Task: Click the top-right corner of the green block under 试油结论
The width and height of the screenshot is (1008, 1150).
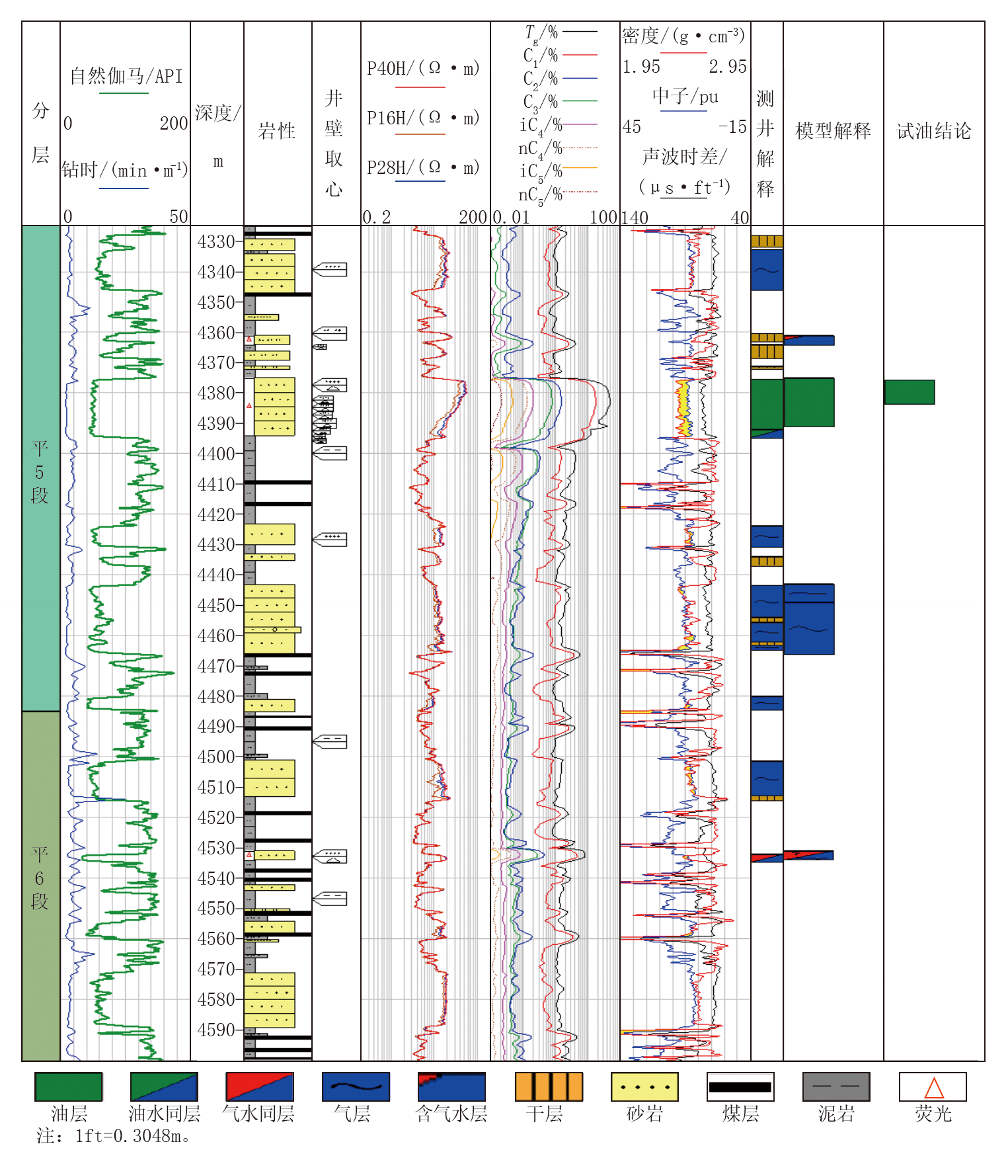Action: click(x=935, y=380)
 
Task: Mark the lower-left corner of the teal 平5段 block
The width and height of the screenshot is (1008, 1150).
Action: click(x=22, y=711)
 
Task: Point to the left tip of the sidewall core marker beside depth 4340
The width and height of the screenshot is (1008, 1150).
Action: click(x=313, y=269)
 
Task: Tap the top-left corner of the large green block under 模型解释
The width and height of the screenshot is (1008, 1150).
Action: click(x=785, y=378)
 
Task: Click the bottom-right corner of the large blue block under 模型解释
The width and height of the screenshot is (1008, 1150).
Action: click(x=834, y=654)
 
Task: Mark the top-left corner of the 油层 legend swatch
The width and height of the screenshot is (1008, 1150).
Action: click(x=35, y=1073)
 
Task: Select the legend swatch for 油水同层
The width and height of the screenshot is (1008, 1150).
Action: click(x=164, y=1087)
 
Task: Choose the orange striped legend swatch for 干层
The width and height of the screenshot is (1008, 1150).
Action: click(x=549, y=1087)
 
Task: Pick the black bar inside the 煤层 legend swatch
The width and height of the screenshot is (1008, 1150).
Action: click(x=740, y=1087)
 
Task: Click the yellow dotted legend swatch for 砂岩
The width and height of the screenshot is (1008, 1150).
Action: click(x=644, y=1087)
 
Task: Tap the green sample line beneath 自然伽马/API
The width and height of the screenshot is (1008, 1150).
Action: click(x=124, y=93)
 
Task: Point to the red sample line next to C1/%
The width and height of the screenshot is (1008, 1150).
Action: click(x=580, y=55)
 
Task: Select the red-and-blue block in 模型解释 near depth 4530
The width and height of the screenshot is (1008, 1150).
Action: click(x=808, y=855)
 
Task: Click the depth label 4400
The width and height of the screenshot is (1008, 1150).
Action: click(x=216, y=454)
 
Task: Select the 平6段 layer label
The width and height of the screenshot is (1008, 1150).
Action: click(x=40, y=878)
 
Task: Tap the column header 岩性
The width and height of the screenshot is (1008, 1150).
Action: click(x=277, y=130)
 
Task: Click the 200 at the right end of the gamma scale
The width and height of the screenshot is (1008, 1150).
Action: click(x=174, y=124)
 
